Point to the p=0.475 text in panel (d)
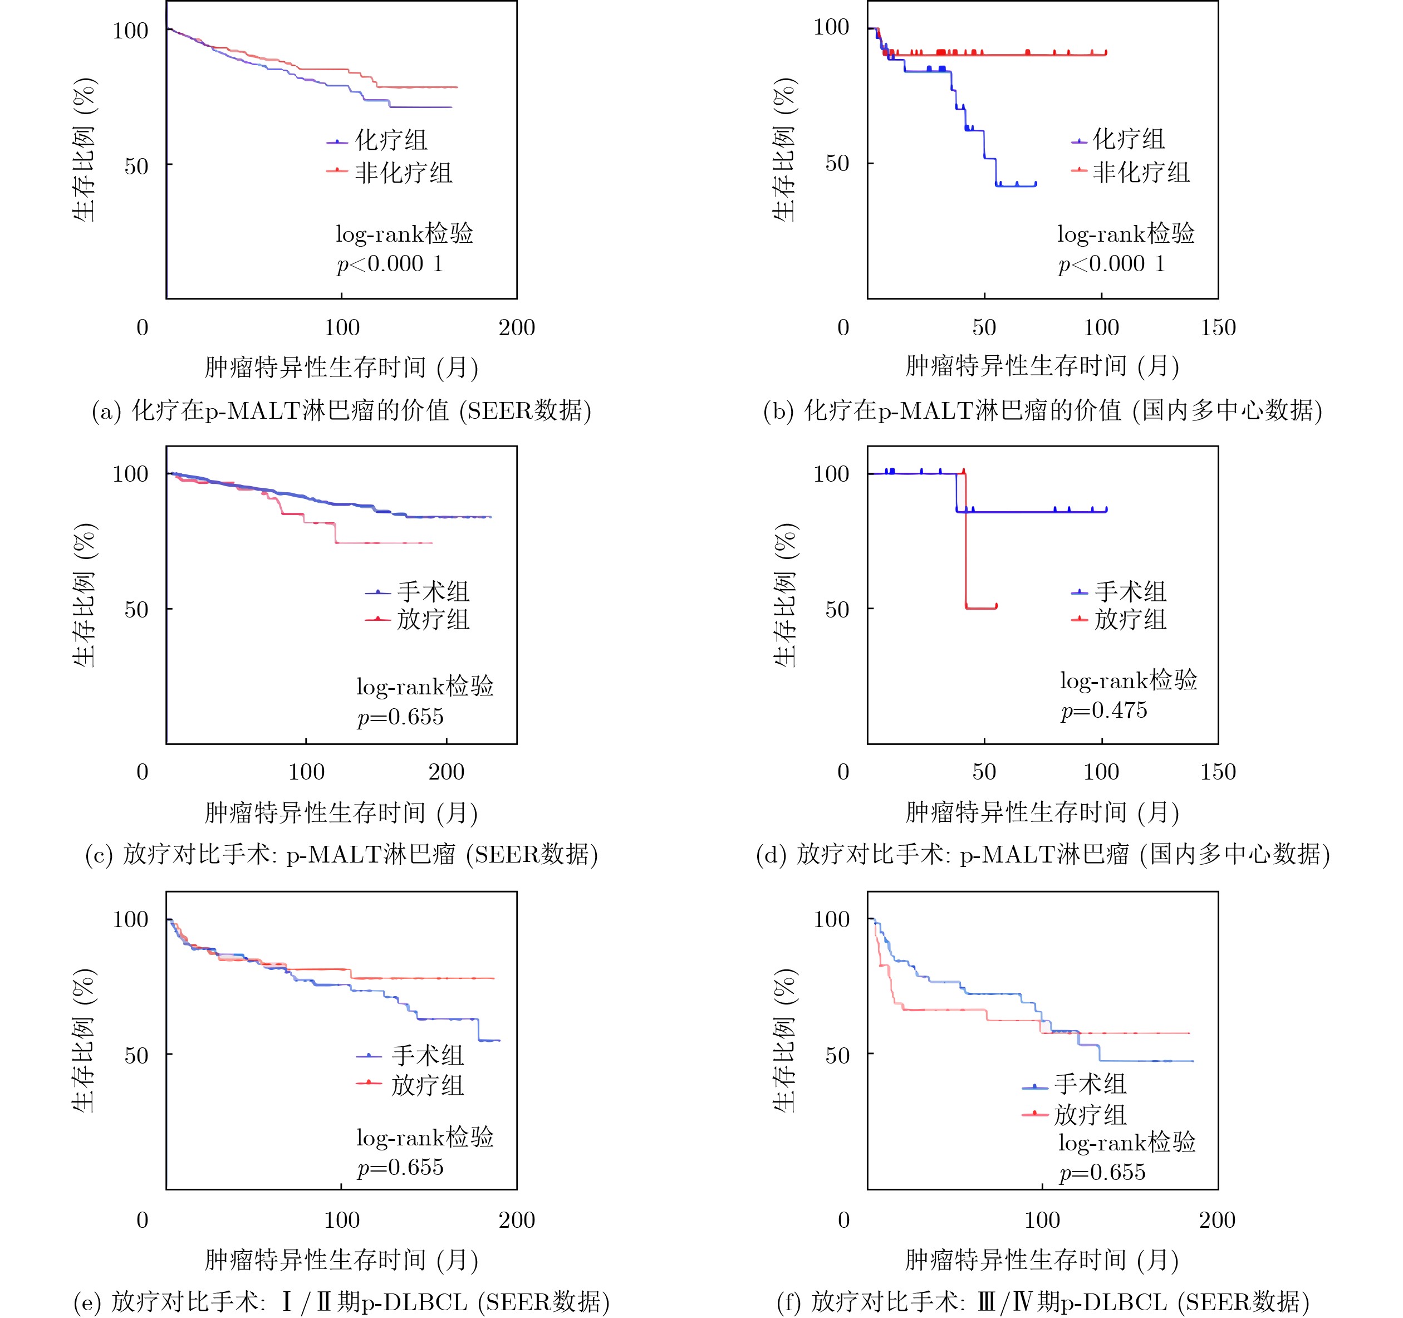[1104, 710]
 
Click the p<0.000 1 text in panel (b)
[1111, 264]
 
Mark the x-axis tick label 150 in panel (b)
[1218, 327]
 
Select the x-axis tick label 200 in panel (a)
[517, 327]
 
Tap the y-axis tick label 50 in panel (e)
[136, 1055]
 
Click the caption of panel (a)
[342, 410]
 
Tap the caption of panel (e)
[342, 1301]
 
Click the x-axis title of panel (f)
[1042, 1260]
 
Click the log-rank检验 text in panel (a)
[404, 233]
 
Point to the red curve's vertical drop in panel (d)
[965, 540]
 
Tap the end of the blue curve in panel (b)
[1036, 184]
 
